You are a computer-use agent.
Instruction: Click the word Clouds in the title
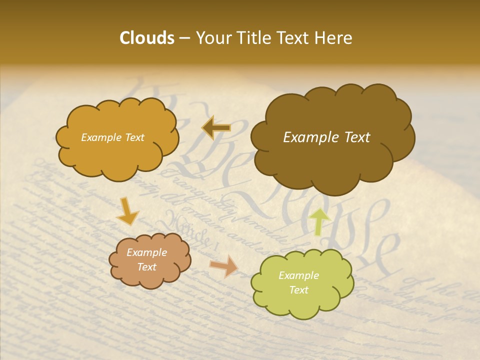[x=147, y=38]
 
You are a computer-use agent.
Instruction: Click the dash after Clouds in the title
[x=184, y=38]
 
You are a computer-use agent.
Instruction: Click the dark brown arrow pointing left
[x=216, y=128]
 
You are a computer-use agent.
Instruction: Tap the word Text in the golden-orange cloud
[x=134, y=137]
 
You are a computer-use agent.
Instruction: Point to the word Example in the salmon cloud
[x=147, y=252]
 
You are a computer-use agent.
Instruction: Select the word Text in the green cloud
[x=299, y=290]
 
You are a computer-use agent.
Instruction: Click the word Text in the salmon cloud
[x=147, y=267]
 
